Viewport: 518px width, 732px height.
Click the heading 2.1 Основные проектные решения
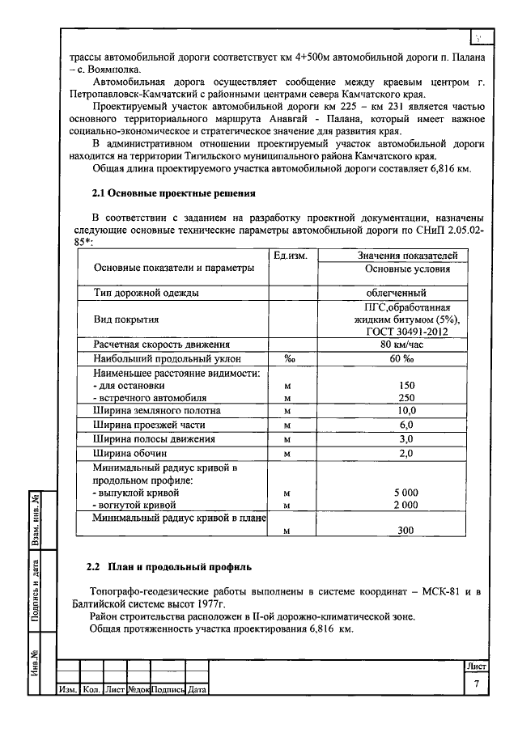point(172,193)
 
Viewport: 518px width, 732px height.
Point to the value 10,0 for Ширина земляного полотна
point(406,411)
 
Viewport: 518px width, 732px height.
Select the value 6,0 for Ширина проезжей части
point(406,425)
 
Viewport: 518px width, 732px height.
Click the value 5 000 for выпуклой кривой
point(406,492)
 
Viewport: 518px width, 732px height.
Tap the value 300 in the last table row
point(406,531)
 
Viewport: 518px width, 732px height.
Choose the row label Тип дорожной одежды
point(146,293)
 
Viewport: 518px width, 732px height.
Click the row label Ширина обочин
point(129,452)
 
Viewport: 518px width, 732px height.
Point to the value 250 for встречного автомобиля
point(406,398)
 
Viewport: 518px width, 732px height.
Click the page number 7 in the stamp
point(477,684)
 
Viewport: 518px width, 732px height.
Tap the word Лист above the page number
point(476,666)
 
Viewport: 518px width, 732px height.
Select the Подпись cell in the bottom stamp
point(168,690)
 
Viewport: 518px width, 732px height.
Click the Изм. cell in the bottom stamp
point(67,690)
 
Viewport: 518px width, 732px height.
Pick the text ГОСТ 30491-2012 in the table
point(406,332)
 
